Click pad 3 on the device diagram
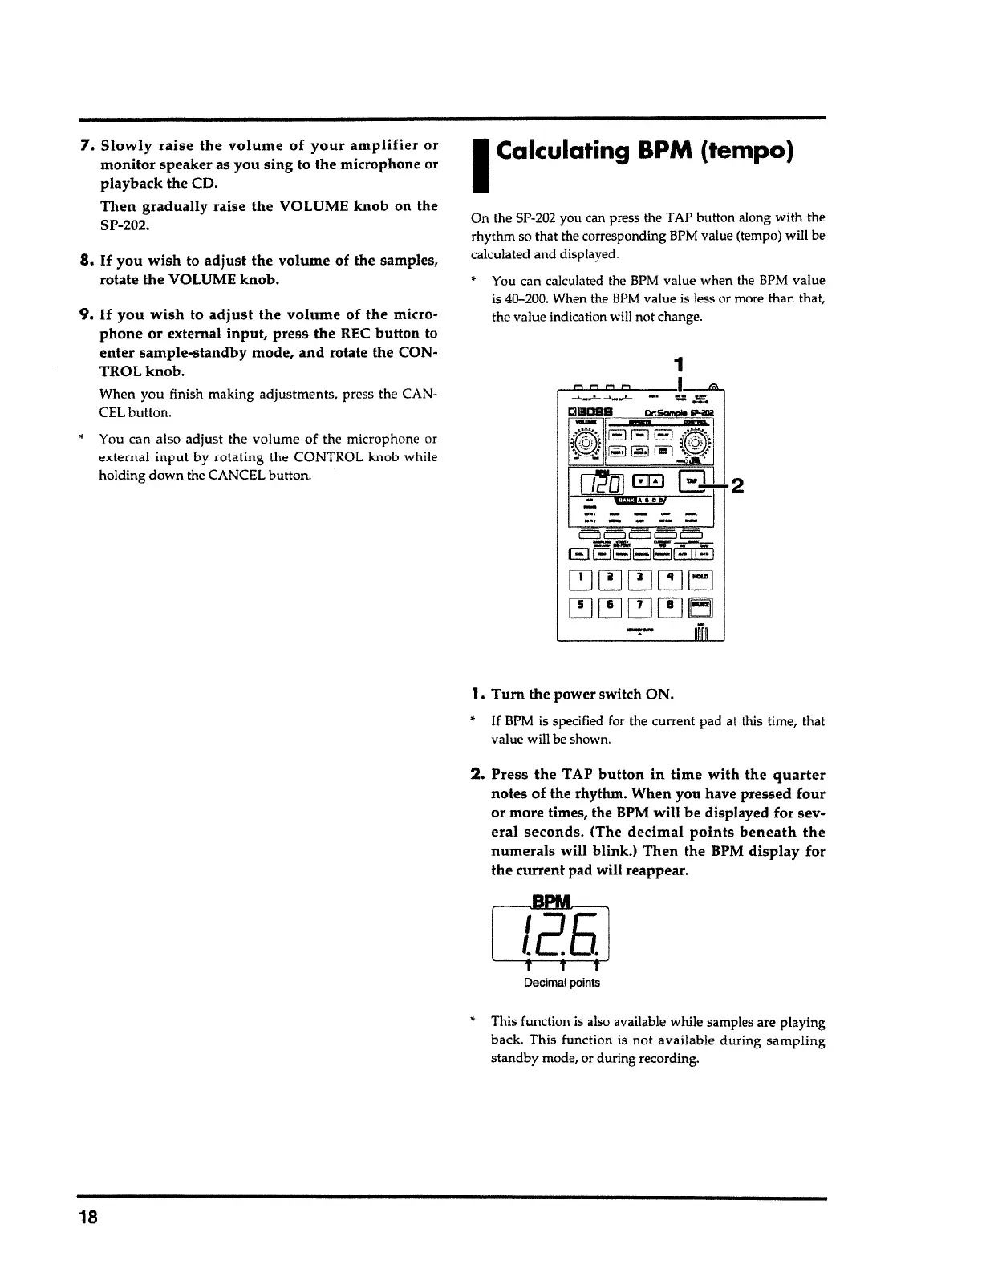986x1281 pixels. [x=640, y=578]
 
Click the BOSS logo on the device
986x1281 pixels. [x=591, y=413]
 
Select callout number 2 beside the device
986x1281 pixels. [x=736, y=486]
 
